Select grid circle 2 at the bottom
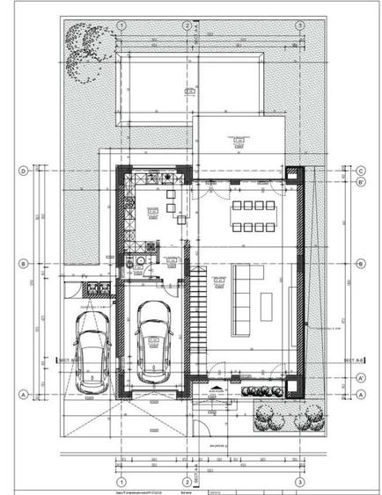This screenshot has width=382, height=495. [x=186, y=483]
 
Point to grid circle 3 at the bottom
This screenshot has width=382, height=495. [x=299, y=483]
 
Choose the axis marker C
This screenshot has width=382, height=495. [x=361, y=171]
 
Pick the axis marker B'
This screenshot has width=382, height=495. [x=361, y=182]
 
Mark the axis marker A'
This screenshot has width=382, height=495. [x=361, y=376]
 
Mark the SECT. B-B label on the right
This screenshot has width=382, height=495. [x=351, y=360]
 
